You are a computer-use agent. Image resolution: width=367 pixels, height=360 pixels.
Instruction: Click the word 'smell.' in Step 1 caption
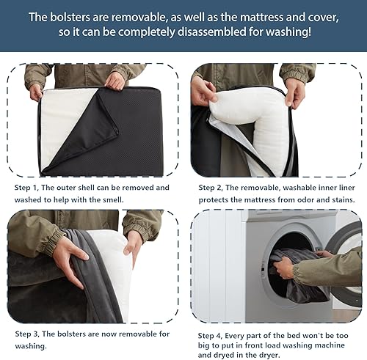point(133,199)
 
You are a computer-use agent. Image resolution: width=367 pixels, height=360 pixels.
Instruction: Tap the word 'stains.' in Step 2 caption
point(338,199)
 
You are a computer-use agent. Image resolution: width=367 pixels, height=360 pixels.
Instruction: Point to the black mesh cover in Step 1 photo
point(125,132)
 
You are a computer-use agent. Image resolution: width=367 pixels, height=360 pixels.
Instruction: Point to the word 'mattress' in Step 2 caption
point(259,199)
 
